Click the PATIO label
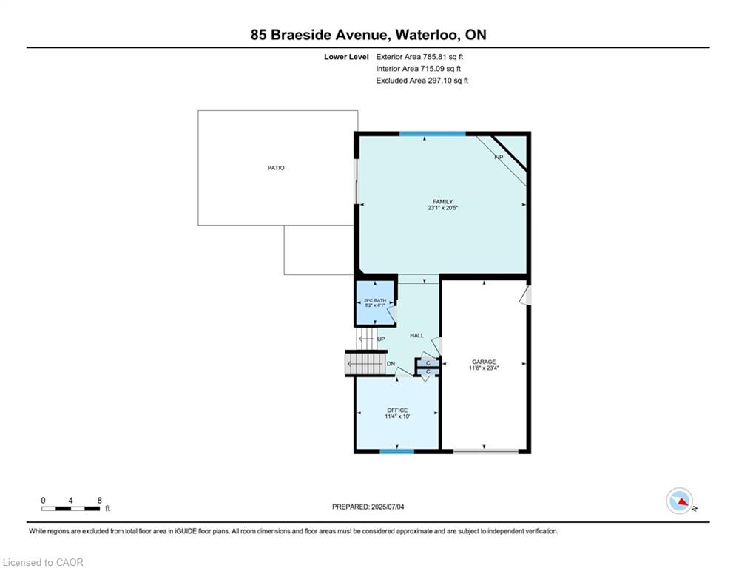[x=276, y=168]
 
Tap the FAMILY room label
[x=442, y=201]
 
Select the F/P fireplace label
[x=499, y=157]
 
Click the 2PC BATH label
[x=375, y=300]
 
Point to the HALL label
[x=416, y=335]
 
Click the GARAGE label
[x=484, y=362]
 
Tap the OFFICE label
[x=397, y=410]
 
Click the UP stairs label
[x=381, y=339]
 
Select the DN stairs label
[x=391, y=364]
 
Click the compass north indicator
[x=679, y=501]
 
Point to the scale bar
[x=70, y=508]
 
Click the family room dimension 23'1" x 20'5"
[x=442, y=208]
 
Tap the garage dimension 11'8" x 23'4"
[x=484, y=368]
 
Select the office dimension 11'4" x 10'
[x=397, y=416]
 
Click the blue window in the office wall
[x=397, y=452]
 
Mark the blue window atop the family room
[x=432, y=134]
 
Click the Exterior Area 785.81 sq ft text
[x=419, y=57]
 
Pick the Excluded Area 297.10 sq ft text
[x=422, y=81]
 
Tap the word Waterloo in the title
[x=427, y=35]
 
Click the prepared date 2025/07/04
[x=388, y=507]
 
